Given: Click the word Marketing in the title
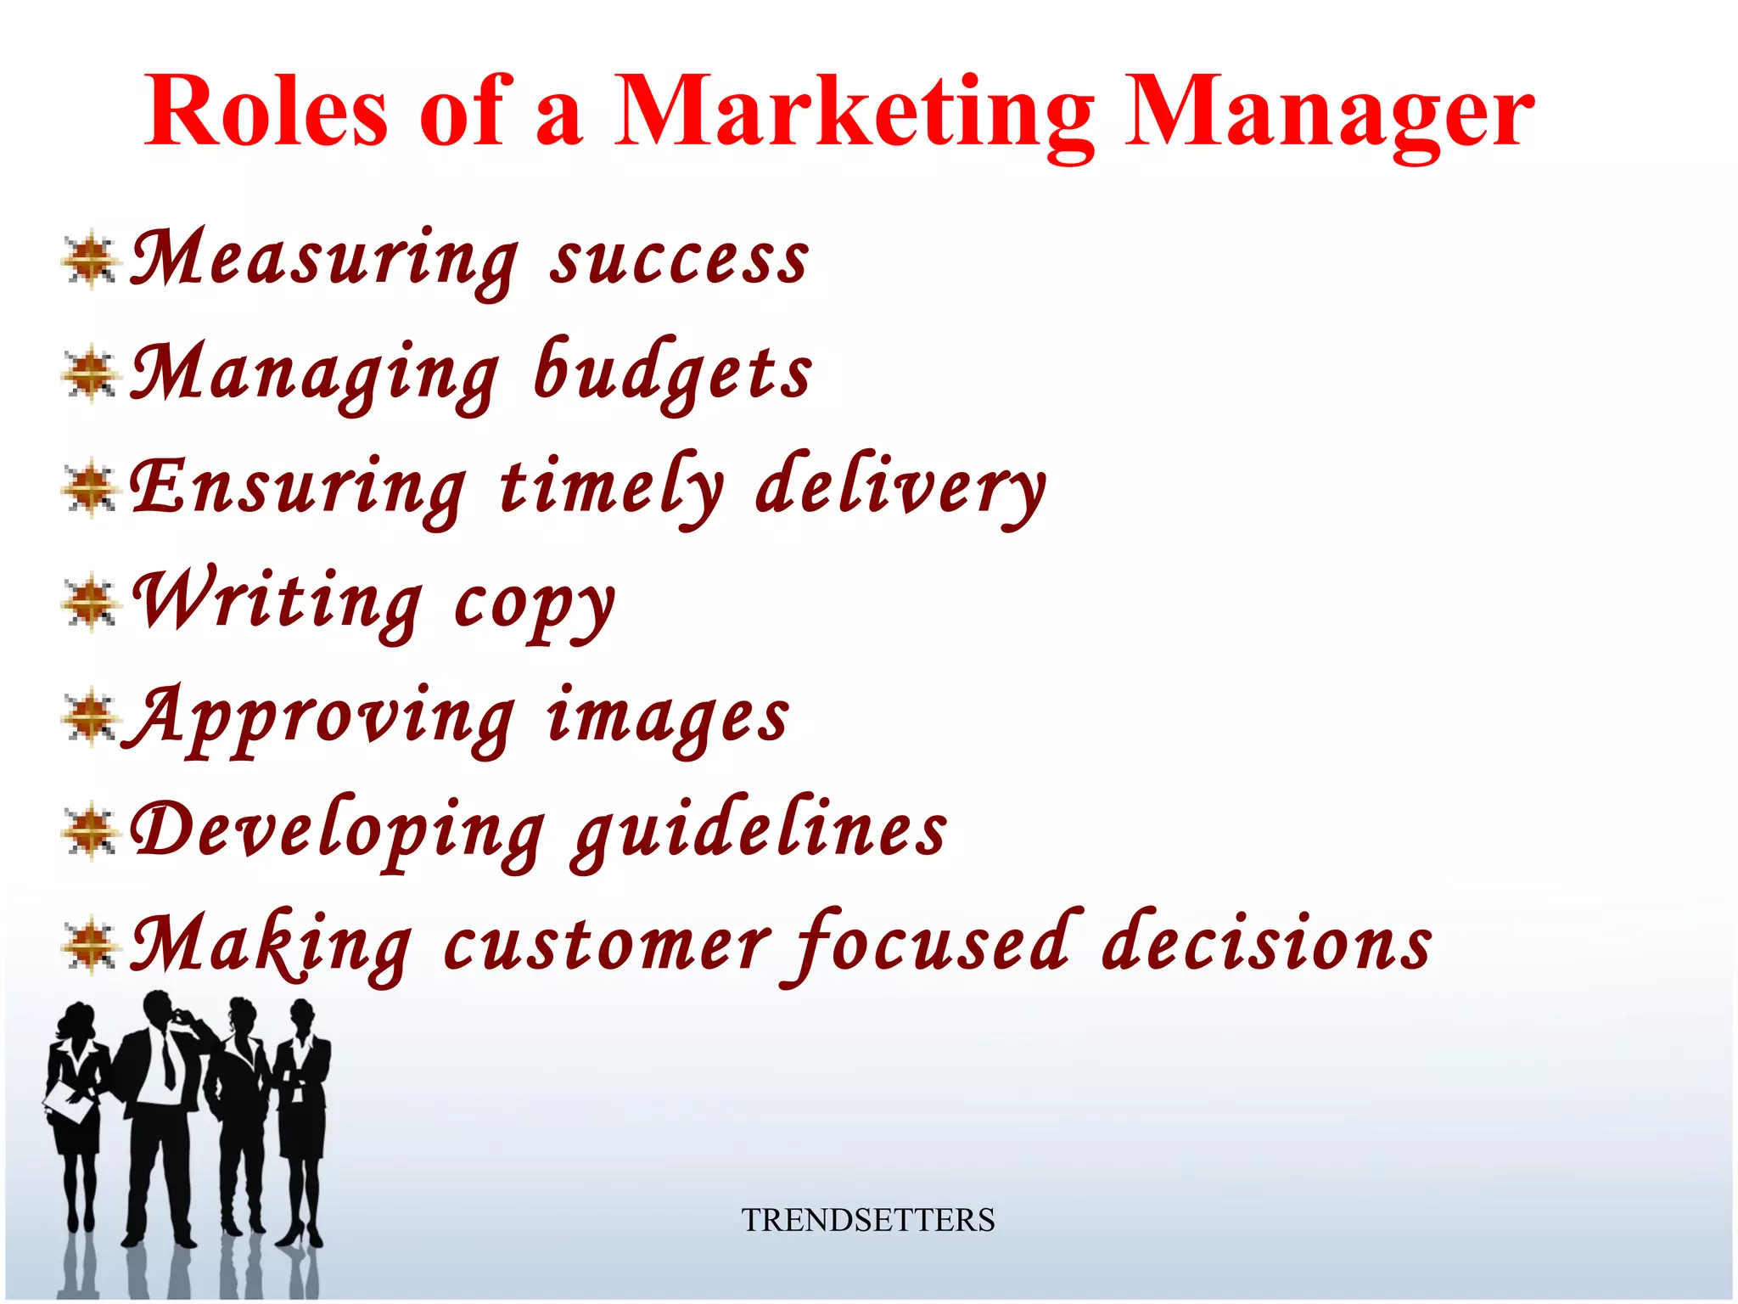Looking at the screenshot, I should click(853, 115).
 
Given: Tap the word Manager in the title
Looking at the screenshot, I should click(1329, 115).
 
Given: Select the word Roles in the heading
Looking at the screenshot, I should click(266, 115).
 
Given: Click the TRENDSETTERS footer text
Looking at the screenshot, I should click(867, 1220).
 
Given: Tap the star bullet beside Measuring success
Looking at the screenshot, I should click(89, 260).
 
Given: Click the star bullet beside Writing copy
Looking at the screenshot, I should click(89, 604).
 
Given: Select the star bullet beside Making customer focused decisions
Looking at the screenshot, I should click(89, 946).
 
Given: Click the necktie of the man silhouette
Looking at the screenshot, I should click(168, 1061).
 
